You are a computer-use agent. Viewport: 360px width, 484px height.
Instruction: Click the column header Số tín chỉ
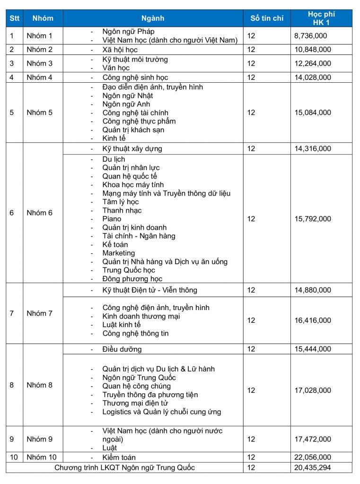click(267, 18)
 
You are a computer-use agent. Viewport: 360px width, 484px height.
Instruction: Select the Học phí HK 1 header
click(321, 18)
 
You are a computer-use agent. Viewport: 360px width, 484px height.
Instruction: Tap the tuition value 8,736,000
click(310, 35)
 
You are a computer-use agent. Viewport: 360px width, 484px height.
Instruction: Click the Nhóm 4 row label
click(40, 78)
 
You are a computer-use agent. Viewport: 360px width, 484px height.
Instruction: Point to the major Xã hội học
click(120, 50)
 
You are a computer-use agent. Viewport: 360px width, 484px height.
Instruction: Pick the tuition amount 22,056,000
click(312, 458)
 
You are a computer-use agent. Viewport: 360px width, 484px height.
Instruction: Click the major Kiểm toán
click(119, 458)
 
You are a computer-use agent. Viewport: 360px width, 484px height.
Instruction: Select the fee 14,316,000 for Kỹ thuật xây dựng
click(312, 149)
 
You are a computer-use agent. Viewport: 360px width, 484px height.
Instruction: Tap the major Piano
click(112, 219)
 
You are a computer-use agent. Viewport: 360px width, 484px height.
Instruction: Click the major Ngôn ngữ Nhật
click(128, 96)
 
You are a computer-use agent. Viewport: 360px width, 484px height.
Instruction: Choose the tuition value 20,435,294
click(312, 468)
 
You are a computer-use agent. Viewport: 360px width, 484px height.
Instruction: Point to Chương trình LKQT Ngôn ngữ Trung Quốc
click(124, 468)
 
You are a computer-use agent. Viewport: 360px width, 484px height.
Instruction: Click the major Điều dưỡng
click(122, 349)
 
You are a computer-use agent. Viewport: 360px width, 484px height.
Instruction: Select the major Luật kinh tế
click(122, 325)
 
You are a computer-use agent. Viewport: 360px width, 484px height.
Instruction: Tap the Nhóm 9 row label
click(40, 439)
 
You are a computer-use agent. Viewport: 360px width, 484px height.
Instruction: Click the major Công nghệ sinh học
click(135, 78)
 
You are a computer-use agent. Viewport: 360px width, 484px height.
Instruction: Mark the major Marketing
click(118, 253)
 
